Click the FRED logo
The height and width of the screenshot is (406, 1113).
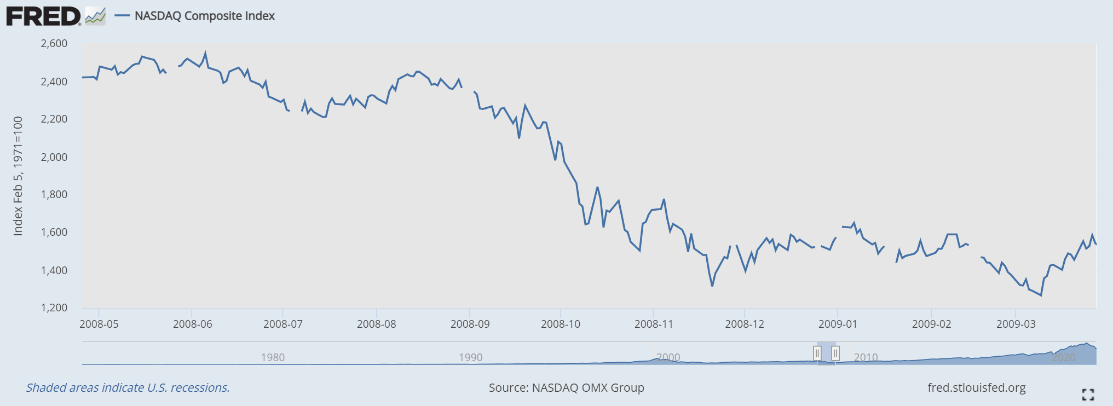pos(44,16)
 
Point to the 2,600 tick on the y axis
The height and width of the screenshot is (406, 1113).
pos(54,44)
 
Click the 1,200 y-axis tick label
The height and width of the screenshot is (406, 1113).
pos(54,308)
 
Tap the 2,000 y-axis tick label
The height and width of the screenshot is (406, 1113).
pos(54,157)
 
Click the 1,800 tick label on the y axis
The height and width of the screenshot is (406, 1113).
pos(54,195)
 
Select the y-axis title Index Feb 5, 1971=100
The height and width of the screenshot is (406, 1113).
pos(18,176)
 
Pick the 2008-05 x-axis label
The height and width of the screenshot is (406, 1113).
pos(99,324)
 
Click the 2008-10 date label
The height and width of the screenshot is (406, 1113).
pos(561,324)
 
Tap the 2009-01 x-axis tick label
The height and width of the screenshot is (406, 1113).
pos(838,324)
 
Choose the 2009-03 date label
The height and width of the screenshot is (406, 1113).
pos(1016,324)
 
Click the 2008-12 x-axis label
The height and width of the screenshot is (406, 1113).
pos(745,324)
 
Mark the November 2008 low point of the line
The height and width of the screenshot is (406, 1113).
pos(712,286)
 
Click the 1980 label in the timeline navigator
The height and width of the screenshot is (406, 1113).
pos(273,357)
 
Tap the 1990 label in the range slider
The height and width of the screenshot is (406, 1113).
pos(471,357)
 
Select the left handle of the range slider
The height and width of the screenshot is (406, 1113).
pos(817,353)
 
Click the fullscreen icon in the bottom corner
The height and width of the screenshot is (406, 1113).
pos(1088,395)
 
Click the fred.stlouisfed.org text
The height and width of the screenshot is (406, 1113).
pos(977,388)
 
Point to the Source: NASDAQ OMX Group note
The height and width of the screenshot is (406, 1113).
pos(566,388)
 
